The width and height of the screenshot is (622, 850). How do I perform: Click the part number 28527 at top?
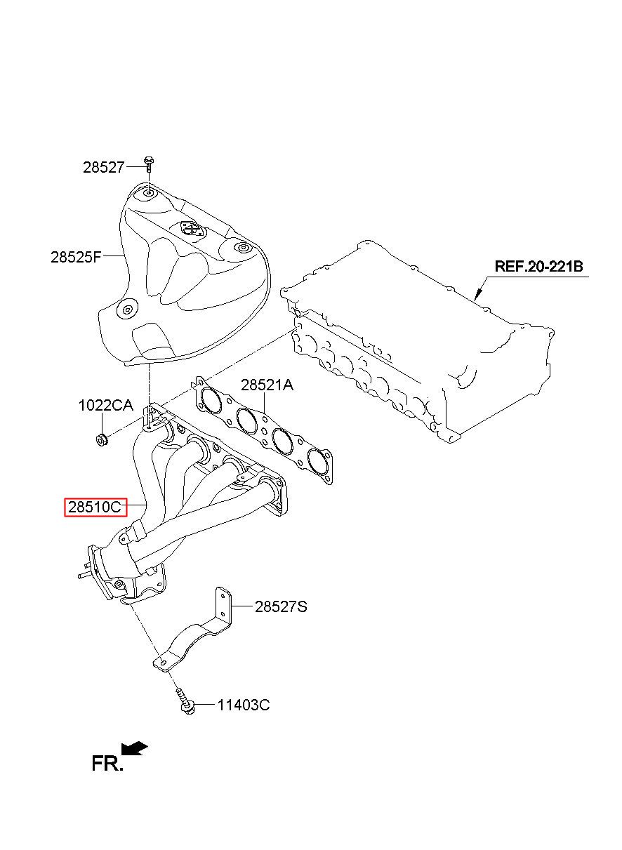coord(103,167)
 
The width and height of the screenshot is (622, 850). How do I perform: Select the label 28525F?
coord(76,257)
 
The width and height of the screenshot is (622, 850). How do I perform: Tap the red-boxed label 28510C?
coord(95,507)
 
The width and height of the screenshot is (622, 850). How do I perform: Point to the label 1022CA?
coord(105,405)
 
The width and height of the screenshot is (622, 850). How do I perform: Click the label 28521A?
coord(267,385)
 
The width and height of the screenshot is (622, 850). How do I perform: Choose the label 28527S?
coord(281,607)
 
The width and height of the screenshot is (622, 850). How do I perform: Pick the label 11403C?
coord(243,705)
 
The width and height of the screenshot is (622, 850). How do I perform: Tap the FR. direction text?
coord(107,764)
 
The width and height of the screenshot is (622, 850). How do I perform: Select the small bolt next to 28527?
coord(148,164)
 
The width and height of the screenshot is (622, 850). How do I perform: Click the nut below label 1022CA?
coord(100,440)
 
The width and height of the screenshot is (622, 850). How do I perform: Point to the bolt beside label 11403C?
coord(184,704)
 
